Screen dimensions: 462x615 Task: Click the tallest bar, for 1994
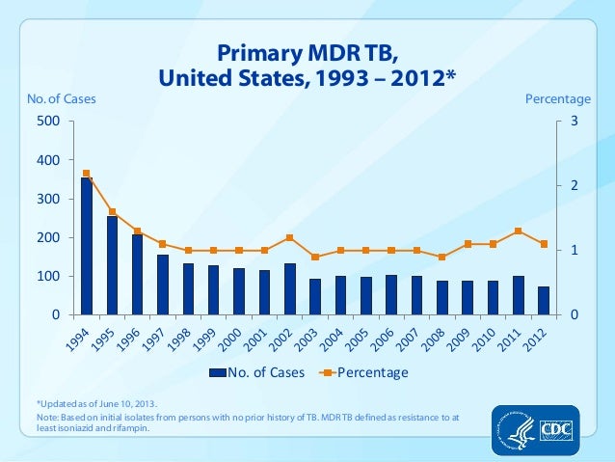87,247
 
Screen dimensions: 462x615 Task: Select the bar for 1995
112,266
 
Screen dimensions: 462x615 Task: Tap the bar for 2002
289,289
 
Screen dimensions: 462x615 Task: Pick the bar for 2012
544,301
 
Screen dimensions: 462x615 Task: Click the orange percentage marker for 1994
87,174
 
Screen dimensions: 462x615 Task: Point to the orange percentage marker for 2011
519,231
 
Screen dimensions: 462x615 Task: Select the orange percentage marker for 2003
315,258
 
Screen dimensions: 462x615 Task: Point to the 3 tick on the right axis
575,122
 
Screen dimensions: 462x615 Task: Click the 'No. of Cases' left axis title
53,98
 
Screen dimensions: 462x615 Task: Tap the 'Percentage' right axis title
556,98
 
